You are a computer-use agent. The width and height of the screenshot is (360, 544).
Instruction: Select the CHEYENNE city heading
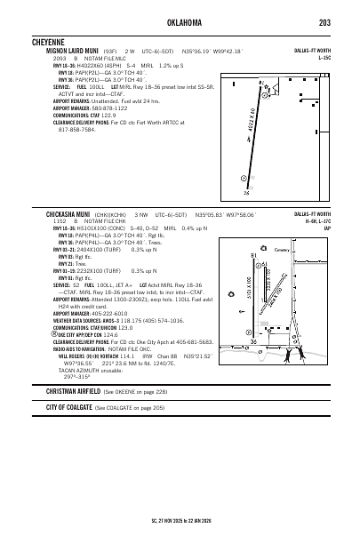click(x=64, y=41)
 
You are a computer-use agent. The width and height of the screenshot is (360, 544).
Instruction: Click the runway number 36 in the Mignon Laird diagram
click(x=245, y=192)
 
